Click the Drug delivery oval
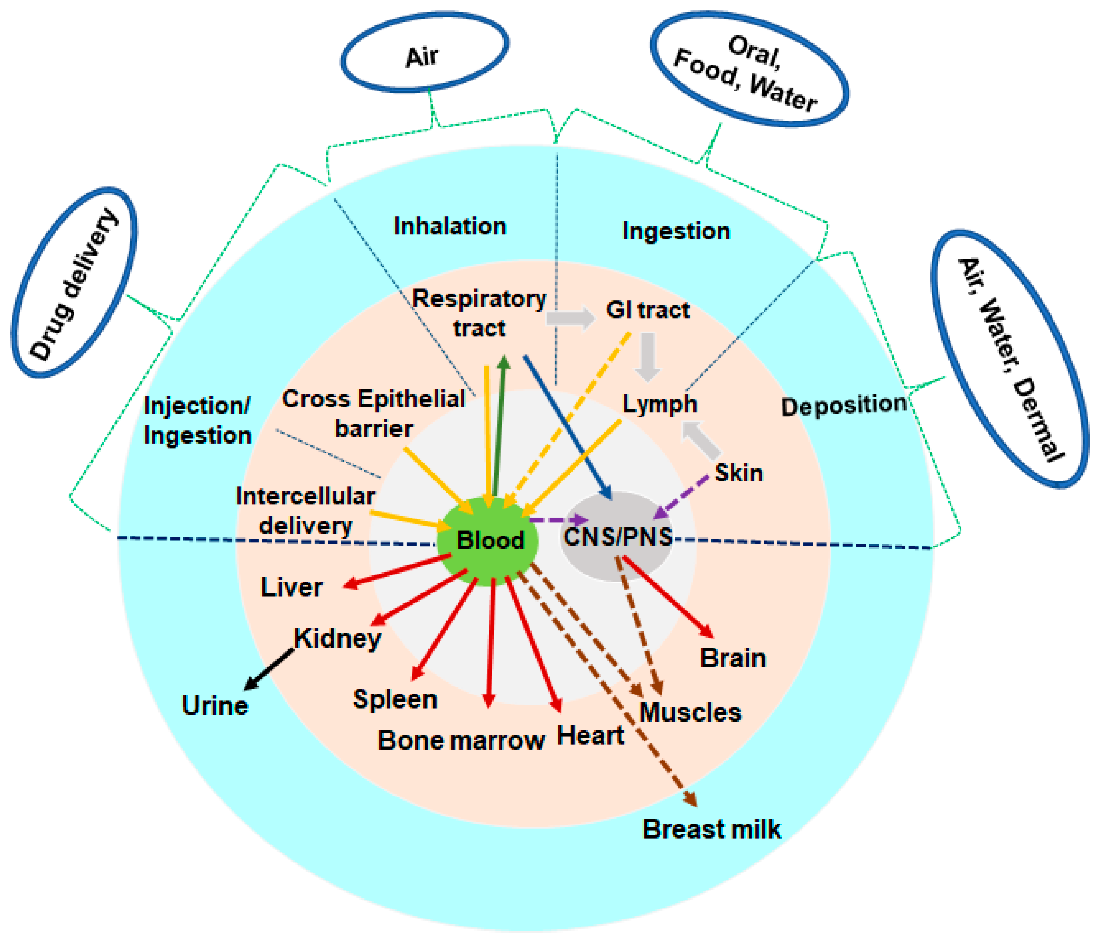pyautogui.click(x=74, y=283)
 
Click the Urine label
pyautogui.click(x=215, y=706)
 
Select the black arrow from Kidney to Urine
pyautogui.click(x=269, y=669)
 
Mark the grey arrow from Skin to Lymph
pyautogui.click(x=701, y=439)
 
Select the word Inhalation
pyautogui.click(x=450, y=226)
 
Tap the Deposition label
pyautogui.click(x=843, y=406)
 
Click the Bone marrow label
pyautogui.click(x=461, y=740)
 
